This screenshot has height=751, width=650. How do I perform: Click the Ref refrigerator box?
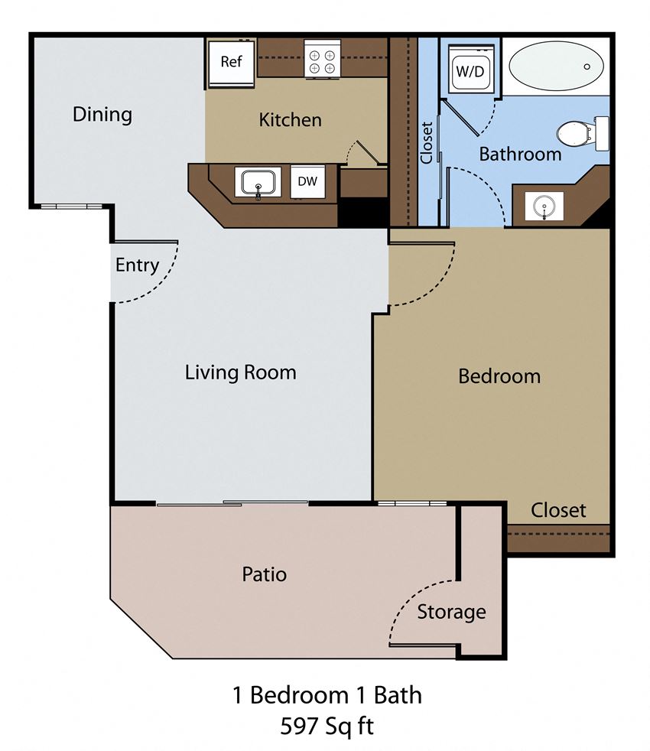231,62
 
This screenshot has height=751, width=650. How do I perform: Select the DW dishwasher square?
307,181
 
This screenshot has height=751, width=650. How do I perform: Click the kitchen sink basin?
258,183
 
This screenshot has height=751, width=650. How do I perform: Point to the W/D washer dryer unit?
470,70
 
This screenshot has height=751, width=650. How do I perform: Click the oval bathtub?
555,67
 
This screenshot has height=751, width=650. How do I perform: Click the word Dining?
102,115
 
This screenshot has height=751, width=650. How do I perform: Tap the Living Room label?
240,372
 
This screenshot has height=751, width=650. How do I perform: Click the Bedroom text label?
499,376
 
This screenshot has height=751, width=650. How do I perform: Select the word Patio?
264,574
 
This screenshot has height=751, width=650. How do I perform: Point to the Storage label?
451,612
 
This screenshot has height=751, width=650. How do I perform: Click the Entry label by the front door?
137,265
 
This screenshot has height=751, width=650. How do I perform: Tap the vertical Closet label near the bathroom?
427,142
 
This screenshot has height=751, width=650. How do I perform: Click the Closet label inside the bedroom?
558,510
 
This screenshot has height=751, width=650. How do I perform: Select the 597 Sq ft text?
327,725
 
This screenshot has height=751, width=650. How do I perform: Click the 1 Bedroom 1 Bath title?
327,695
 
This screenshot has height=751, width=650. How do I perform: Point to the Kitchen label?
290,120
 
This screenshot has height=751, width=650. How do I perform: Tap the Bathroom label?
520,154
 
